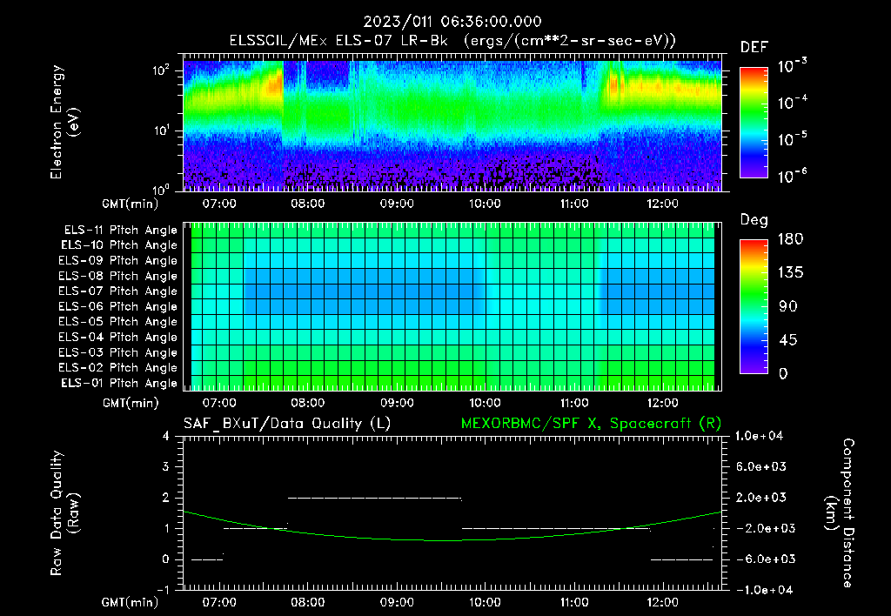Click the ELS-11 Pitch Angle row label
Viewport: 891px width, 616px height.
coord(119,230)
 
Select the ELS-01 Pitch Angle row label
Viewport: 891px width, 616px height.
coord(119,383)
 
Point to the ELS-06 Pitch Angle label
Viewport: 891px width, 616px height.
coord(119,306)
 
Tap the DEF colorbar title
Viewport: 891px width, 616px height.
coord(754,47)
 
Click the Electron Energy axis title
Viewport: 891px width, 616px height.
coord(64,122)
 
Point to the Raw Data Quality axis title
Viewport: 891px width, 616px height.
coord(64,513)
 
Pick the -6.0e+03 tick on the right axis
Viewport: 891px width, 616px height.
coord(762,559)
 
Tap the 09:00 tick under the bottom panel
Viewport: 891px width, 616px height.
coord(397,601)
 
